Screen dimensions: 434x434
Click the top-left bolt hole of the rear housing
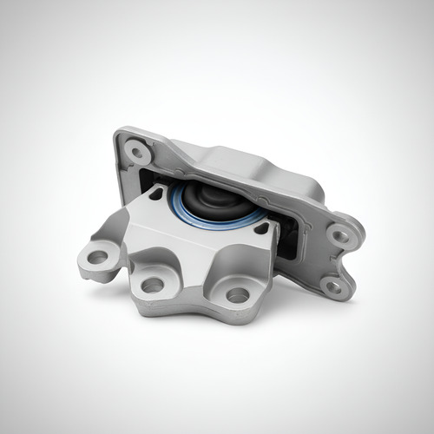coord(136,153)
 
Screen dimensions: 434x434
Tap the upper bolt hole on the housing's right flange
coord(341,233)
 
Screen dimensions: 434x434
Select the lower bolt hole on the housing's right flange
coord(331,285)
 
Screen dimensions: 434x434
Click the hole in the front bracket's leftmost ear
coord(98,257)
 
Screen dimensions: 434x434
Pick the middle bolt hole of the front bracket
coord(153,284)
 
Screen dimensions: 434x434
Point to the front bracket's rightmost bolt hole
coord(237,295)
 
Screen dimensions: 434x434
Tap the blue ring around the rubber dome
coord(178,208)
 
